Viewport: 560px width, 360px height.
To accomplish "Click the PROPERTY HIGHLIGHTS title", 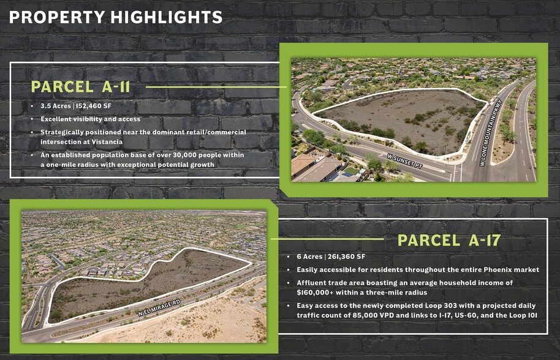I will [115, 18].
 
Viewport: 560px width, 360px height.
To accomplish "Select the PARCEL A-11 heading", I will [80, 87].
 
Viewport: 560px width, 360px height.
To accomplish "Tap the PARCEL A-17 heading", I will [449, 241].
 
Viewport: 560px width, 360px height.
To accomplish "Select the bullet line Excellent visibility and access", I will [91, 119].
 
